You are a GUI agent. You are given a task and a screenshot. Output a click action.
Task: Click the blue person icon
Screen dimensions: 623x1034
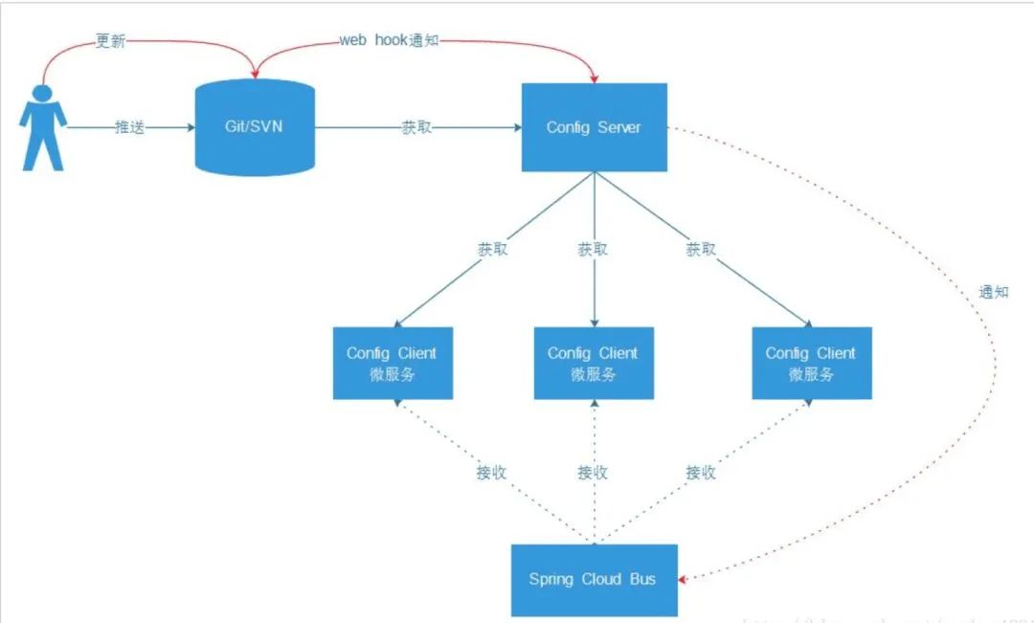point(43,127)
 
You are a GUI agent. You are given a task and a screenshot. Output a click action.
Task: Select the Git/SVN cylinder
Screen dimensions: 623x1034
point(254,126)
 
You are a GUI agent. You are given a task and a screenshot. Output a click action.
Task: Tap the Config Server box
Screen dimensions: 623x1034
point(594,127)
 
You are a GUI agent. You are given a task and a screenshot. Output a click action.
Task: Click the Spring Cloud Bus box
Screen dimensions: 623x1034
point(594,580)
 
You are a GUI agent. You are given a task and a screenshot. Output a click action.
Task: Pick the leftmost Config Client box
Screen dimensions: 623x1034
point(392,363)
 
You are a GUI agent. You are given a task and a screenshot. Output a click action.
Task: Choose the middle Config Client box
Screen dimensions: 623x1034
point(594,363)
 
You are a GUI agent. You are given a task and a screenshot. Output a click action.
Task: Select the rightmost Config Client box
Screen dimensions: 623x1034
point(812,363)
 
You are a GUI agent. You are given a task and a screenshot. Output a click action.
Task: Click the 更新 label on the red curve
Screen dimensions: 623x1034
point(111,41)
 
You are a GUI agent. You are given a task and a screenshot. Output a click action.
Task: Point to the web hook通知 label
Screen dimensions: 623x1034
point(389,41)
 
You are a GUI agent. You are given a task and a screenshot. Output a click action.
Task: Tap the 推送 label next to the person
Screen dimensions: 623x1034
point(129,127)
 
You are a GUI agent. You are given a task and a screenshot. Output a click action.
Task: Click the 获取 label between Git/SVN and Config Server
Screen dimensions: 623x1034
point(416,127)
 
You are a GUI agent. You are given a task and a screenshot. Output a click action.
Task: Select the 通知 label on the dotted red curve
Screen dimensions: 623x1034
point(993,292)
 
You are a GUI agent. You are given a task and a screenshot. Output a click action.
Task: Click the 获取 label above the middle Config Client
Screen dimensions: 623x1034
point(593,250)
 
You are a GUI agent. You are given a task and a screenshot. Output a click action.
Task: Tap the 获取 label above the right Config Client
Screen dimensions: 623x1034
point(701,250)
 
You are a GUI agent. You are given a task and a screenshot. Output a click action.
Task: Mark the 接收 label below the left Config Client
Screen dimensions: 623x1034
point(491,473)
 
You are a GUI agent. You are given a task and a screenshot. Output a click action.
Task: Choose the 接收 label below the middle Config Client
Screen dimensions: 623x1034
point(593,473)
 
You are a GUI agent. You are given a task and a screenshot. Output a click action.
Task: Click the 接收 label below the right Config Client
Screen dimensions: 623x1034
point(701,473)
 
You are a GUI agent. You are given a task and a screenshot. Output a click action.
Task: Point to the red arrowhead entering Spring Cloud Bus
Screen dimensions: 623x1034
point(685,579)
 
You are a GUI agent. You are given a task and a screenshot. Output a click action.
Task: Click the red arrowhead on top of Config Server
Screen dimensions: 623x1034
point(595,78)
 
